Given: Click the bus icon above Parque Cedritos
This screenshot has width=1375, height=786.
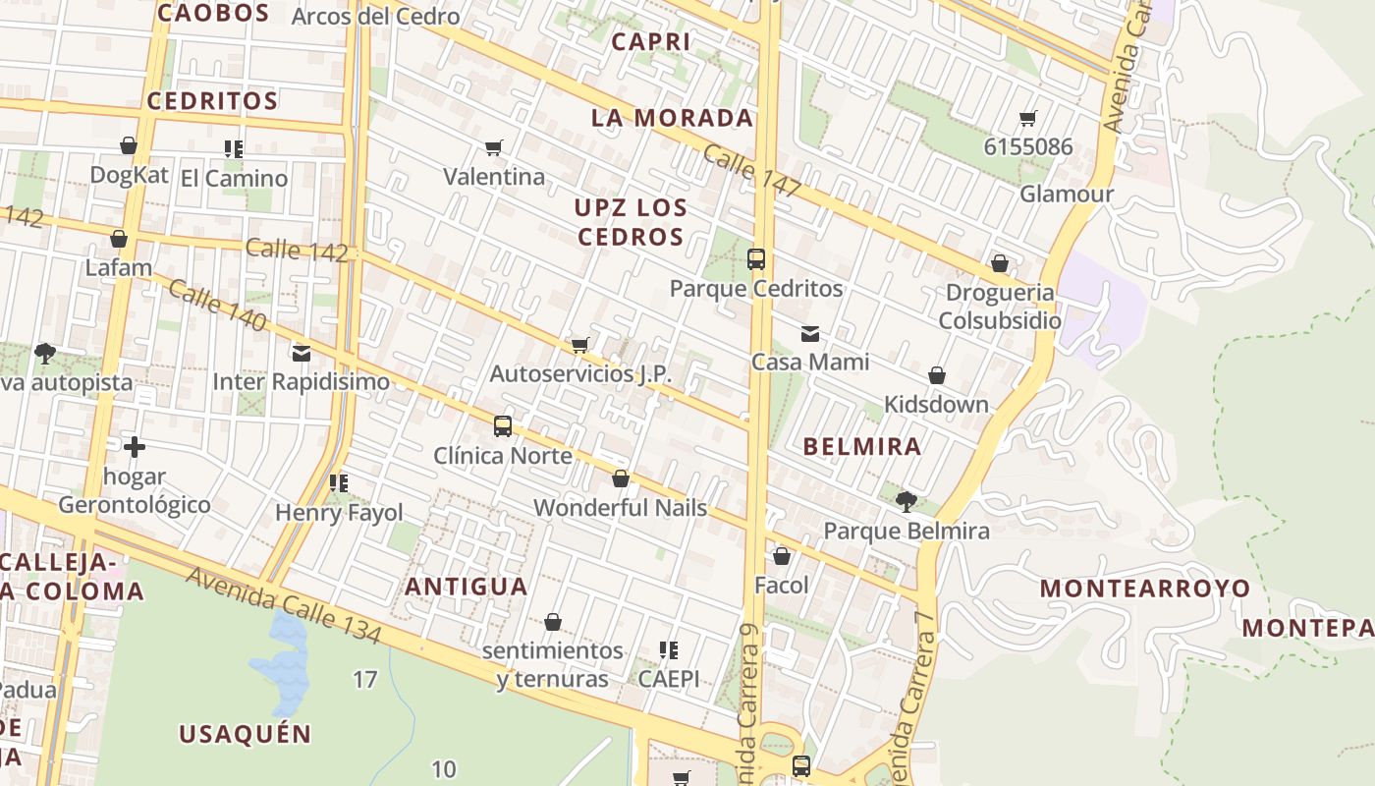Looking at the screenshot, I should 755,259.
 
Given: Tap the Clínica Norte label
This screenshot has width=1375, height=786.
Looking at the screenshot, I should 503,456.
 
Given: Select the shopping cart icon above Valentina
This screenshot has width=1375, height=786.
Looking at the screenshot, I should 494,148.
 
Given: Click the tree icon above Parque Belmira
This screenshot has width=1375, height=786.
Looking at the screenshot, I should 906,502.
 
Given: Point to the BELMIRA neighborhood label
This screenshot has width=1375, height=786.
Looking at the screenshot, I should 862,447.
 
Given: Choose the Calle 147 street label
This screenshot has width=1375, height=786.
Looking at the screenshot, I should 751,172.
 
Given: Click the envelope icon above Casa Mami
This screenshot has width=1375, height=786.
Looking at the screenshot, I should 809,334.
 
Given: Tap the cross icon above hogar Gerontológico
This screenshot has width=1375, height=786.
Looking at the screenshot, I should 135,448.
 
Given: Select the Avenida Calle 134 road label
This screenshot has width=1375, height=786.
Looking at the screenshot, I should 282,606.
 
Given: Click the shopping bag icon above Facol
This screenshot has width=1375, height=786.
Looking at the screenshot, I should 782,557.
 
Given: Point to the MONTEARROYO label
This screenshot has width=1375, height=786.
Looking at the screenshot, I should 1145,589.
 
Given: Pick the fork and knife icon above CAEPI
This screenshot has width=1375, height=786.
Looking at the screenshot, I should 669,650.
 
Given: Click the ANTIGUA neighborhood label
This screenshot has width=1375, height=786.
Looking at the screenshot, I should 467,588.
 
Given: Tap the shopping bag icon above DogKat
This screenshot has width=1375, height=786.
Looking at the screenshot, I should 129,146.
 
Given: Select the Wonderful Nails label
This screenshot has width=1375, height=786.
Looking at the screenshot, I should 620,508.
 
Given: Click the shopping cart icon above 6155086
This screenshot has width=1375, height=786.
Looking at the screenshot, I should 1028,119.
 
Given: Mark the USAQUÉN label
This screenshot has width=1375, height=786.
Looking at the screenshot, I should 245,734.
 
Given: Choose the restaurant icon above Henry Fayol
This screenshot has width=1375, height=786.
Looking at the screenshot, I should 339,483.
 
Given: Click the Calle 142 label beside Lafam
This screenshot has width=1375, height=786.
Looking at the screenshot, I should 297,251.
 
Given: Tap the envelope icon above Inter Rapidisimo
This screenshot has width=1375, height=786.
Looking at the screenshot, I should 301,354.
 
